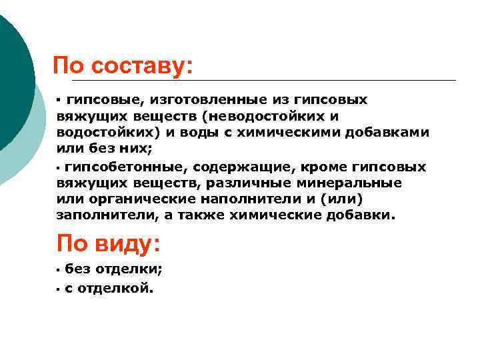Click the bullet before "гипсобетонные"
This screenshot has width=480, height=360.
(x=59, y=167)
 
